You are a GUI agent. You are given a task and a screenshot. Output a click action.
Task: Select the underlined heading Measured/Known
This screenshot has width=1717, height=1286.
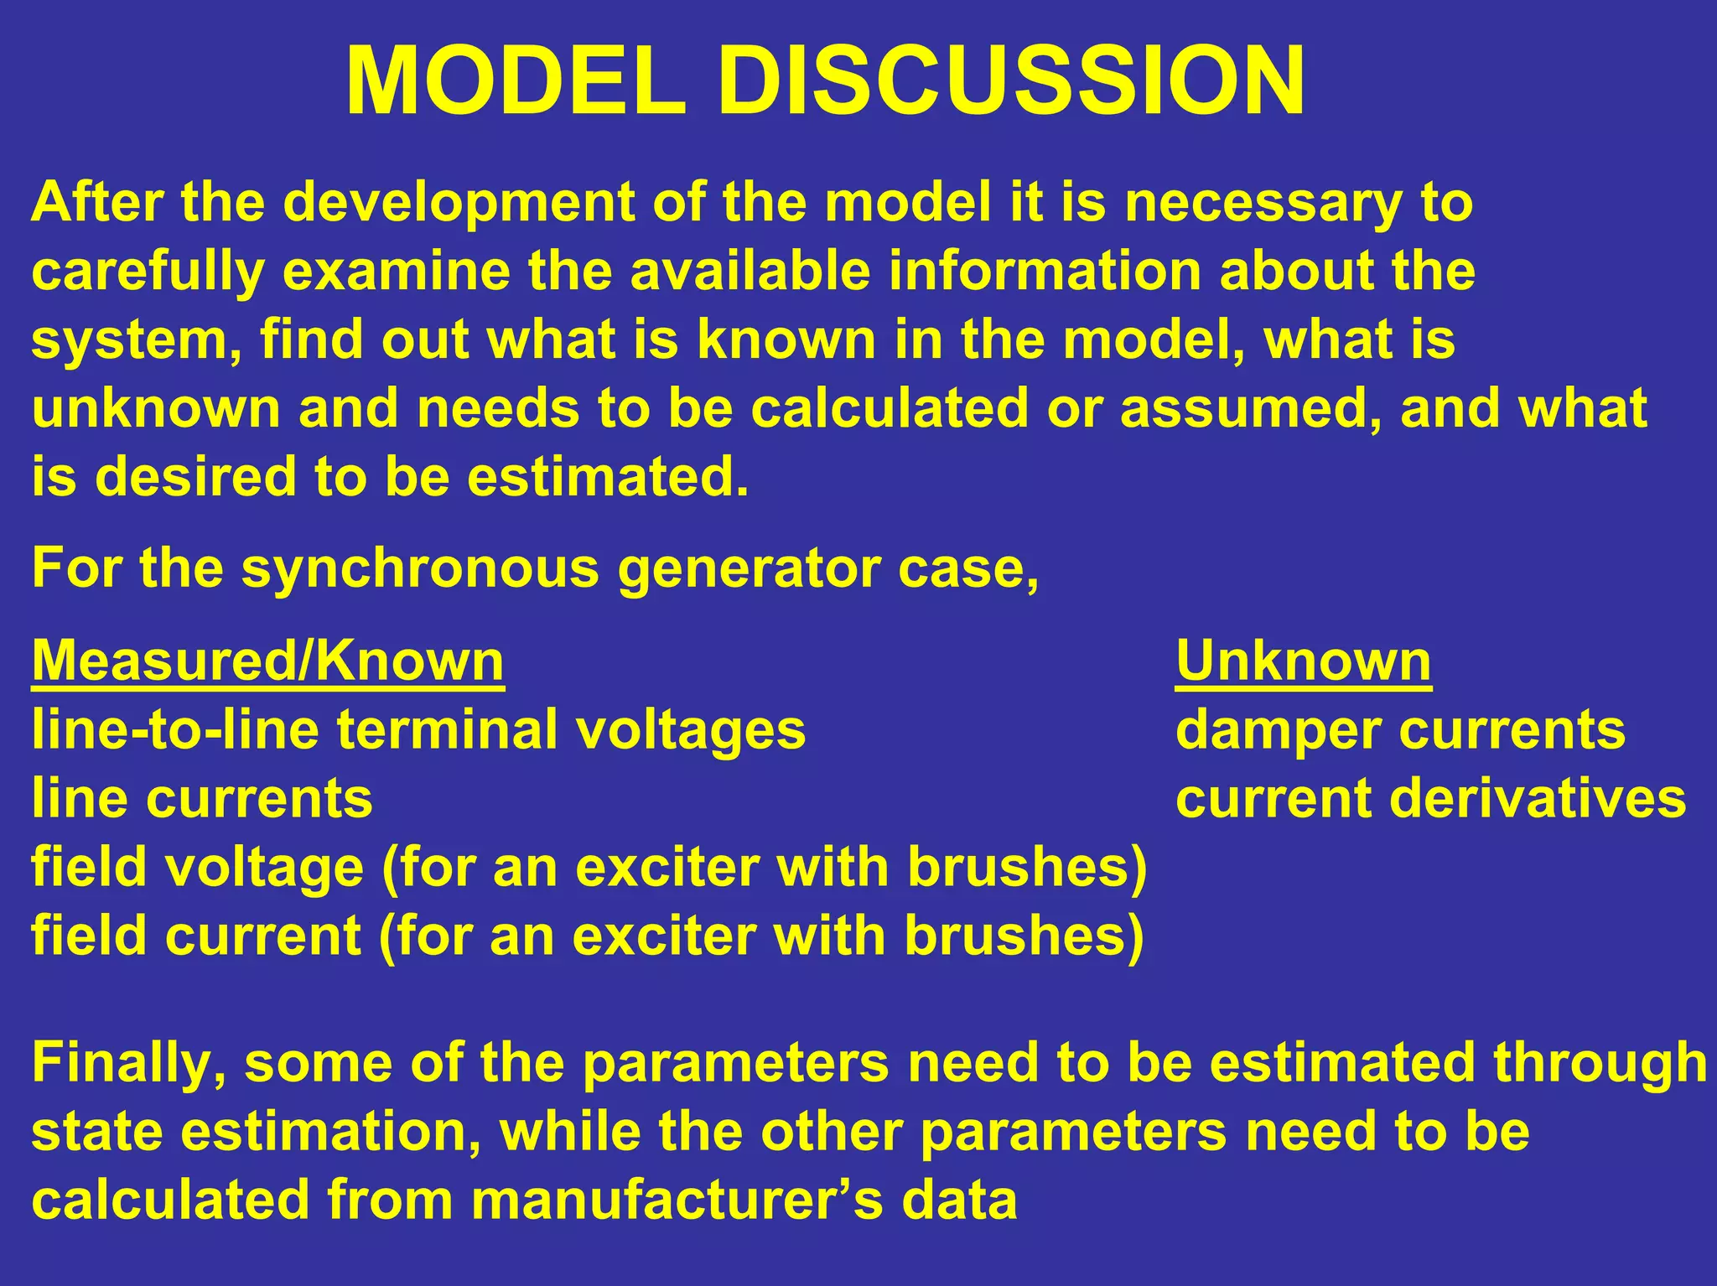point(267,661)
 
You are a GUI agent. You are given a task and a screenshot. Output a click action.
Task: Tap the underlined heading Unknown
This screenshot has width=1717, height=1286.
point(1303,661)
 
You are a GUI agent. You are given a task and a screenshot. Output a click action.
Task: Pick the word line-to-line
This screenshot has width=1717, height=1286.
point(175,729)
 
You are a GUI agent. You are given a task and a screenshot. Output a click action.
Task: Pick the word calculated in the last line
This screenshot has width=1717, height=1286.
point(170,1200)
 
